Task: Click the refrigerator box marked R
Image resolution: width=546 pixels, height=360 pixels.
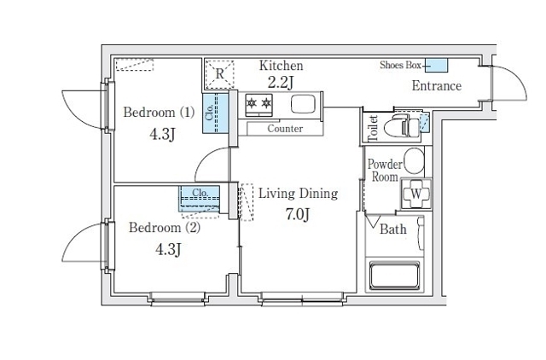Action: [219, 74]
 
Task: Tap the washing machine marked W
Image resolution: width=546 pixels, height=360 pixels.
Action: [416, 194]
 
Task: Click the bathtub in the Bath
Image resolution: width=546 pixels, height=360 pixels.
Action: [394, 276]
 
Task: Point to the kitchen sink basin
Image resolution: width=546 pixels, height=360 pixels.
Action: [303, 104]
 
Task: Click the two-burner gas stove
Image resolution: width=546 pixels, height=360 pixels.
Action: [259, 105]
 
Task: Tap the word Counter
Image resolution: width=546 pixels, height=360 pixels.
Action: [285, 129]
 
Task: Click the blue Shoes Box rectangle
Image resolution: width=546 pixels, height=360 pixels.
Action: [436, 66]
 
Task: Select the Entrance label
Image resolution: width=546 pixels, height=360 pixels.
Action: [437, 86]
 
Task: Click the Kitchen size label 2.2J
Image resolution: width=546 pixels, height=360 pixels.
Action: [281, 83]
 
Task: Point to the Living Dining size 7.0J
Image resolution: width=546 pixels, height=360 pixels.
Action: [298, 214]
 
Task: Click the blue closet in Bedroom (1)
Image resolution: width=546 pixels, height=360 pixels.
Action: [215, 113]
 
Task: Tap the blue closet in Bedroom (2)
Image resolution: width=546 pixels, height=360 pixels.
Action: [199, 199]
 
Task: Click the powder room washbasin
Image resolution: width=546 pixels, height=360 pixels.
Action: [414, 161]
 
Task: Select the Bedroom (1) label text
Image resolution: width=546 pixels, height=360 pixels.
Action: [159, 113]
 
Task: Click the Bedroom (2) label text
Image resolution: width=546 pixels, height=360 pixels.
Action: [165, 228]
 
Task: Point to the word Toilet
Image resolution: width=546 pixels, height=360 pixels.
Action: [373, 128]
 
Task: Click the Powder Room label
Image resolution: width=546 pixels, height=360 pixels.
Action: [385, 171]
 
